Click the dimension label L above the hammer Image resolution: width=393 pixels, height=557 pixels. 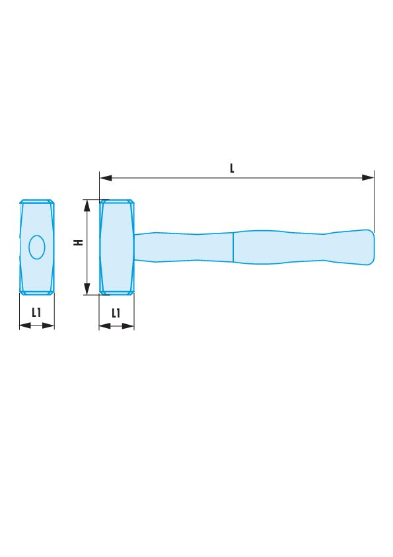pos(232,168)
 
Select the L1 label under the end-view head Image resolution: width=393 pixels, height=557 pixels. pos(36,312)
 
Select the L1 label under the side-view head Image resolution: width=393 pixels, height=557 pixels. pos(116,313)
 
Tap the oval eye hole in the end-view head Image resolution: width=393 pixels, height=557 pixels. pos(37,247)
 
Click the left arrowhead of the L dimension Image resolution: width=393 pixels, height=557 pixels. pos(106,177)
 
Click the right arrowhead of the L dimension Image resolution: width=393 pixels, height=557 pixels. pos(368,177)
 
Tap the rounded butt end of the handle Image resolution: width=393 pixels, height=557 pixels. pos(371,247)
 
